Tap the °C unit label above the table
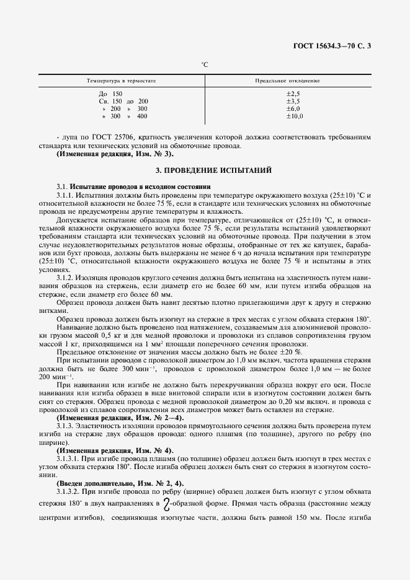tap(204, 64)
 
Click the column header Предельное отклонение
tap(287, 81)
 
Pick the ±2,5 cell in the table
tap(293, 93)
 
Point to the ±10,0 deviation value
tap(294, 116)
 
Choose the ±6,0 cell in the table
tap(293, 108)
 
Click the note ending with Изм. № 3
tap(115, 153)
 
